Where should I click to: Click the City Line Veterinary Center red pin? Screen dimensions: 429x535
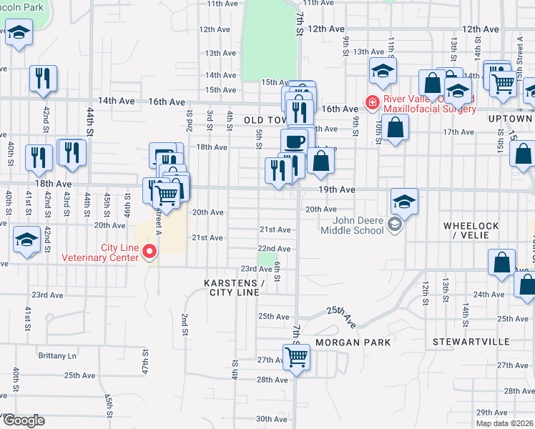pyautogui.click(x=149, y=251)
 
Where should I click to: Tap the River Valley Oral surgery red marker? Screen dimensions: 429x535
pyautogui.click(x=372, y=103)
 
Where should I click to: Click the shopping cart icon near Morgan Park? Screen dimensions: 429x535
pyautogui.click(x=297, y=357)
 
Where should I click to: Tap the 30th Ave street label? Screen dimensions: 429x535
pyautogui.click(x=271, y=419)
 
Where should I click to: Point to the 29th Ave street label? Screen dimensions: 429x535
pyautogui.click(x=491, y=413)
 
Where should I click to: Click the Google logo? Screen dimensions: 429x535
pyautogui.click(x=24, y=420)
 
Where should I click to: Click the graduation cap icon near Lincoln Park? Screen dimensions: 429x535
pyautogui.click(x=19, y=32)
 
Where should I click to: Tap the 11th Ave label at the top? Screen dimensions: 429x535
pyautogui.click(x=221, y=4)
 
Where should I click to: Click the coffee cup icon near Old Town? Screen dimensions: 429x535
pyautogui.click(x=294, y=140)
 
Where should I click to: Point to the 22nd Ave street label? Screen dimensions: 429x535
pyautogui.click(x=275, y=249)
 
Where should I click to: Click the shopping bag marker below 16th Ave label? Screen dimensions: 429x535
pyautogui.click(x=395, y=128)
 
